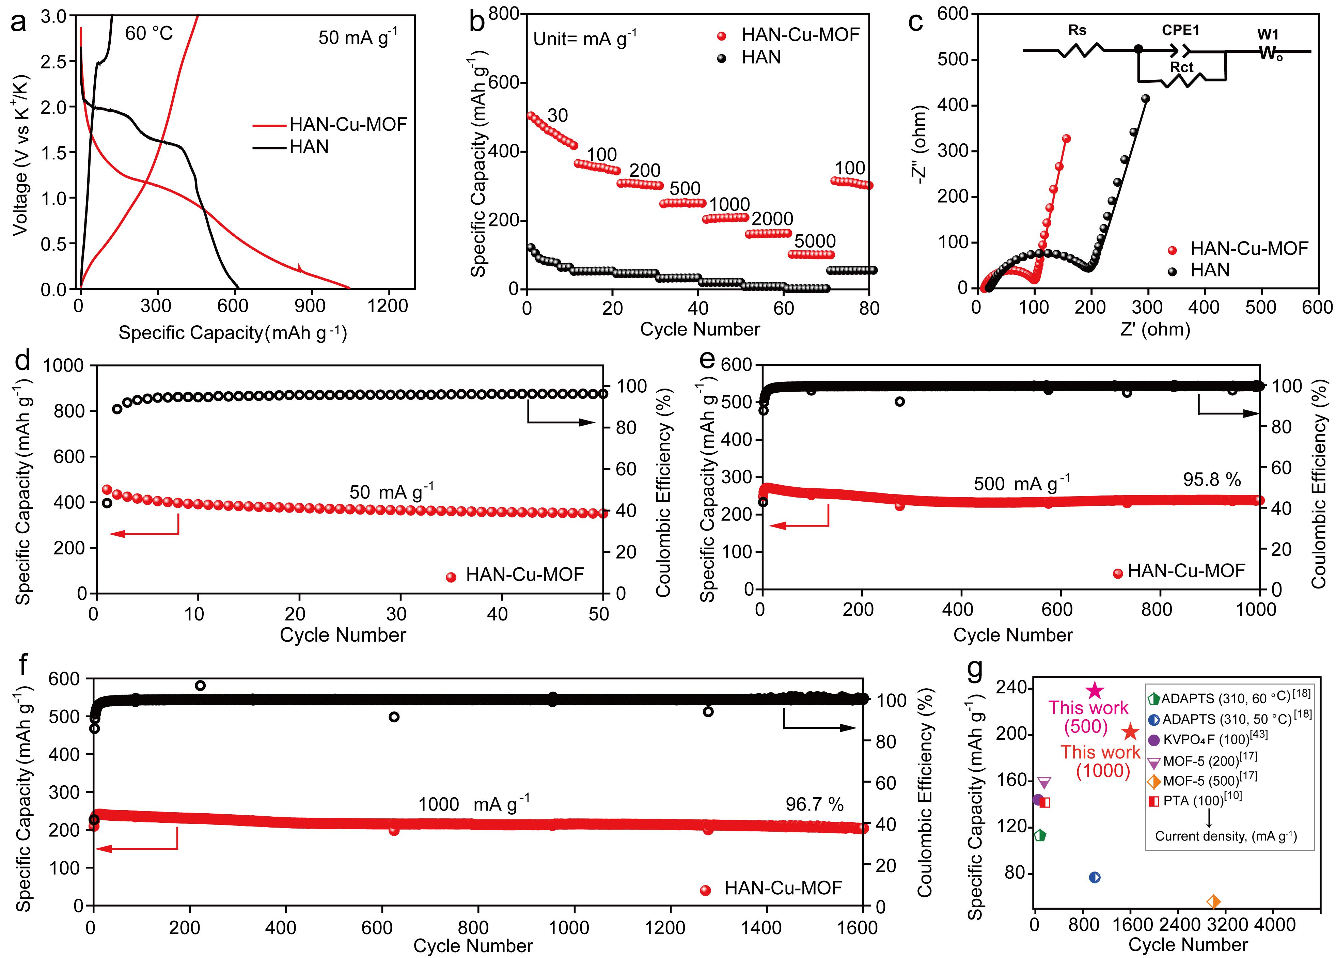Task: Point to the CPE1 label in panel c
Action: (1180, 30)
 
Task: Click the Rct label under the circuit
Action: (1181, 67)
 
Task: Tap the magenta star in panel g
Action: (1094, 691)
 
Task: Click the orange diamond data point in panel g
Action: (1213, 901)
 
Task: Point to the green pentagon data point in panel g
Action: (1040, 835)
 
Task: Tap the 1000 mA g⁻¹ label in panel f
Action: (474, 804)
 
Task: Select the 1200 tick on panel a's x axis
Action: (388, 306)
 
